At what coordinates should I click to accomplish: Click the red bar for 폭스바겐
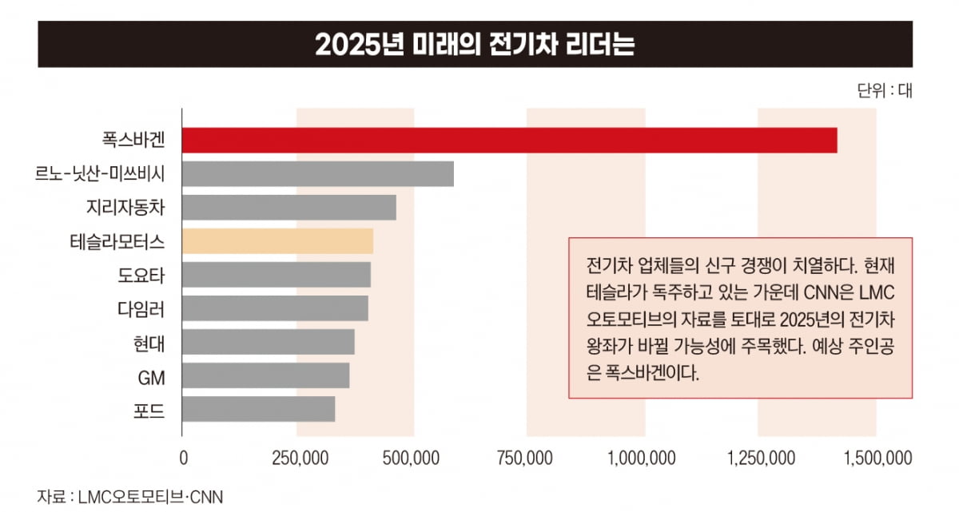(x=509, y=140)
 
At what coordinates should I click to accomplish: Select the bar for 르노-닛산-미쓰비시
(x=318, y=173)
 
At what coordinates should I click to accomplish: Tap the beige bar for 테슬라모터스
(x=277, y=240)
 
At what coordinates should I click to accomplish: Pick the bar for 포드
(x=258, y=409)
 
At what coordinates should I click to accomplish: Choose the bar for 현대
(x=268, y=342)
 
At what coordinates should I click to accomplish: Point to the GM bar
(x=265, y=375)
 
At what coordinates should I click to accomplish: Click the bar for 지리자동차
(x=289, y=207)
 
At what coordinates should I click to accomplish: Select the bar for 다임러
(x=275, y=308)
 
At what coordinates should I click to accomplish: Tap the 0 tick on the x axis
(x=184, y=458)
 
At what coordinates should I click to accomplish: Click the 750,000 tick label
(x=527, y=458)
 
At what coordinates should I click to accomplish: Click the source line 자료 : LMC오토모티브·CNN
(x=130, y=496)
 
